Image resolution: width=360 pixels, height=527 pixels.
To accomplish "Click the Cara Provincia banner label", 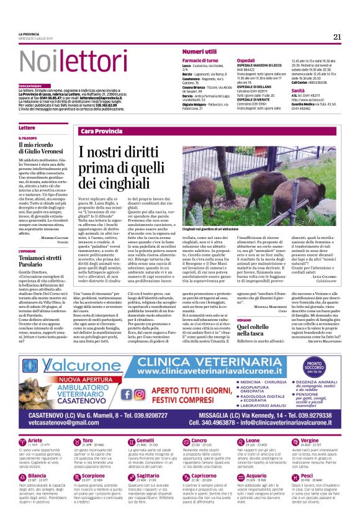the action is tap(102, 132).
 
